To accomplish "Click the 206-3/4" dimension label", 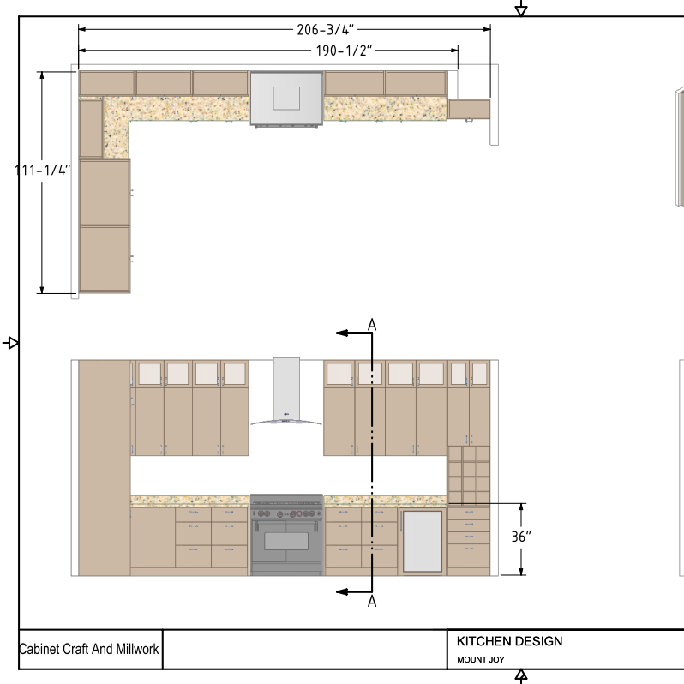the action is [325, 30].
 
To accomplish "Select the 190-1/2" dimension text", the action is [344, 51].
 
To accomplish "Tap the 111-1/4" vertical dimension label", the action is [42, 170].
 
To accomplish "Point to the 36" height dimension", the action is [521, 537].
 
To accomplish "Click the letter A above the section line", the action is [372, 325].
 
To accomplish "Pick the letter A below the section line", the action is [372, 601].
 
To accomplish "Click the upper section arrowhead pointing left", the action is [342, 333].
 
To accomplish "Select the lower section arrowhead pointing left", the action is [342, 592].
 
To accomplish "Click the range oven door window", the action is [286, 542].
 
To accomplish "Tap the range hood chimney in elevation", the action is [286, 389].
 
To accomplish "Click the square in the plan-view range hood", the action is [286, 99].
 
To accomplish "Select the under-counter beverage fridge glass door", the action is [423, 541].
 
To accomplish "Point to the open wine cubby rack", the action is [469, 475].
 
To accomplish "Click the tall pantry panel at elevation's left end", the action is [105, 468].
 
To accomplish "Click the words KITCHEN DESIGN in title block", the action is [509, 641].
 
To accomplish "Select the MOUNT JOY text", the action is [481, 660].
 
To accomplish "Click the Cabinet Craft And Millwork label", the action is [89, 649].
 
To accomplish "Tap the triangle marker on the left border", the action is [13, 343].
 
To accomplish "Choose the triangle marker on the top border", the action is [521, 10].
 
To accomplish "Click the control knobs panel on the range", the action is [286, 514].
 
